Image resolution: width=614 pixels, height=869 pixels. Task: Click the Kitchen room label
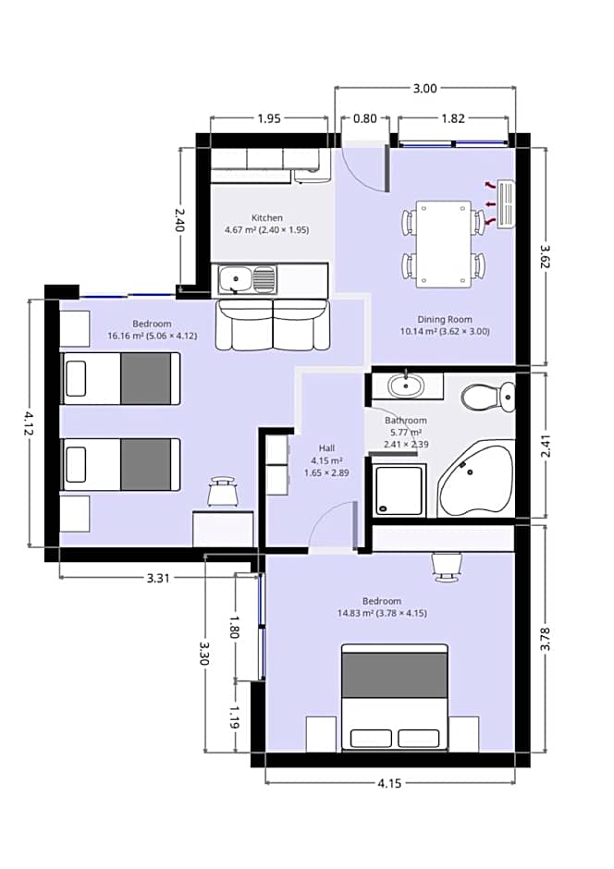pyautogui.click(x=267, y=218)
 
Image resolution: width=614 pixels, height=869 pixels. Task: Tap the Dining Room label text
pyautogui.click(x=445, y=319)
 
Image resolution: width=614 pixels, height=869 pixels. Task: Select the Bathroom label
pyautogui.click(x=406, y=421)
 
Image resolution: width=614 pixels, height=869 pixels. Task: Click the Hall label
pyautogui.click(x=326, y=448)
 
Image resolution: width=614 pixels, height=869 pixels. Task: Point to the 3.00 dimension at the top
pyautogui.click(x=425, y=88)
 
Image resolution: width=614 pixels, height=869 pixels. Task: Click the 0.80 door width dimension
pyautogui.click(x=364, y=118)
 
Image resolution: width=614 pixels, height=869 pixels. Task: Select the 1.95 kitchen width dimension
pyautogui.click(x=269, y=118)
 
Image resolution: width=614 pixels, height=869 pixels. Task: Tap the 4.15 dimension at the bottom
pyautogui.click(x=389, y=783)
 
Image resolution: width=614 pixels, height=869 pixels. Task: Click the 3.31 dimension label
pyautogui.click(x=158, y=578)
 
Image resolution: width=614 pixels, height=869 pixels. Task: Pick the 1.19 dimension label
pyautogui.click(x=234, y=717)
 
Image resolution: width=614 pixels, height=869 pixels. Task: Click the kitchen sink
pyautogui.click(x=247, y=279)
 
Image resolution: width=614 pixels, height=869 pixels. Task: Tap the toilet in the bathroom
pyautogui.click(x=488, y=397)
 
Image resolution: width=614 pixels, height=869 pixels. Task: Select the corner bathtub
pyautogui.click(x=475, y=479)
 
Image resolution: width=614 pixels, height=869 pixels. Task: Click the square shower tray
pyautogui.click(x=399, y=491)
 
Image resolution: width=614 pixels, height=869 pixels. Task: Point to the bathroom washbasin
pyautogui.click(x=406, y=386)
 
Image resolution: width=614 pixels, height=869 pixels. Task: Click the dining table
pyautogui.click(x=443, y=243)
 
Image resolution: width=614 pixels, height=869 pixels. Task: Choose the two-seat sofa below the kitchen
pyautogui.click(x=272, y=325)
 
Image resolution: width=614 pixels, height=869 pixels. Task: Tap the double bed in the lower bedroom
pyautogui.click(x=394, y=697)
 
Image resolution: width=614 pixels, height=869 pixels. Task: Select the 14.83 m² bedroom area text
pyautogui.click(x=382, y=614)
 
